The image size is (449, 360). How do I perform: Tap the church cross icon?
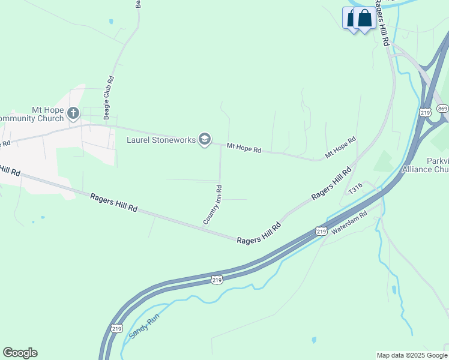(x=73, y=113)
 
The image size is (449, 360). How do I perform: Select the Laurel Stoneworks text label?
(x=161, y=140)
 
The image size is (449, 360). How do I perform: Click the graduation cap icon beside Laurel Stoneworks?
(x=205, y=140)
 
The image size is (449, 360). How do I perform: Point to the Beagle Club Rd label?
(x=109, y=96)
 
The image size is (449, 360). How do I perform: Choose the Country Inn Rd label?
(x=212, y=205)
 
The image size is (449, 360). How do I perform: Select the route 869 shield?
(x=442, y=108)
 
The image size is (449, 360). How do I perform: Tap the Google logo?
(x=20, y=353)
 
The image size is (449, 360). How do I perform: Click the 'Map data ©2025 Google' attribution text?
(x=412, y=355)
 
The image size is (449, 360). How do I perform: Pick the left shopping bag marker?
(x=351, y=18)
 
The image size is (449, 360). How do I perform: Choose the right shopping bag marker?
(x=365, y=18)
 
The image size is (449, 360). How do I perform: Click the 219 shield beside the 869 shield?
(x=426, y=112)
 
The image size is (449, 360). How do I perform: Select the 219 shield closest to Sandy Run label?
(x=116, y=328)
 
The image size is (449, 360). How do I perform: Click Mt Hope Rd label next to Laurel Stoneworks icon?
(x=244, y=148)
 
